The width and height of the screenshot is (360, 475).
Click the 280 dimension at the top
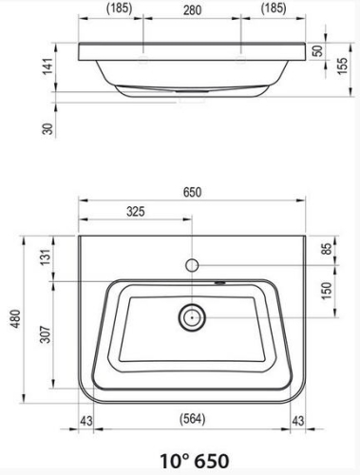point(192,9)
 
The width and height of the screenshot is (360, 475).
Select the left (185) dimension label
point(119,9)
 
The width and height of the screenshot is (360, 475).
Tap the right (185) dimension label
point(274,9)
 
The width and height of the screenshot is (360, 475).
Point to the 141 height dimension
point(47,66)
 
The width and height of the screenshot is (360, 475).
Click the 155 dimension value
point(343,66)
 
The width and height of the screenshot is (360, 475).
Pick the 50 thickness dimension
point(318,50)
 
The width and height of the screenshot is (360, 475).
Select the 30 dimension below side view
point(47,128)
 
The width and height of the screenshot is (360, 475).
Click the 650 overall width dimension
point(192,192)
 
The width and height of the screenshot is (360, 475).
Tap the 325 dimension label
point(136,211)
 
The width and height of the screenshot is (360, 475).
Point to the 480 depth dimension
point(16,319)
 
